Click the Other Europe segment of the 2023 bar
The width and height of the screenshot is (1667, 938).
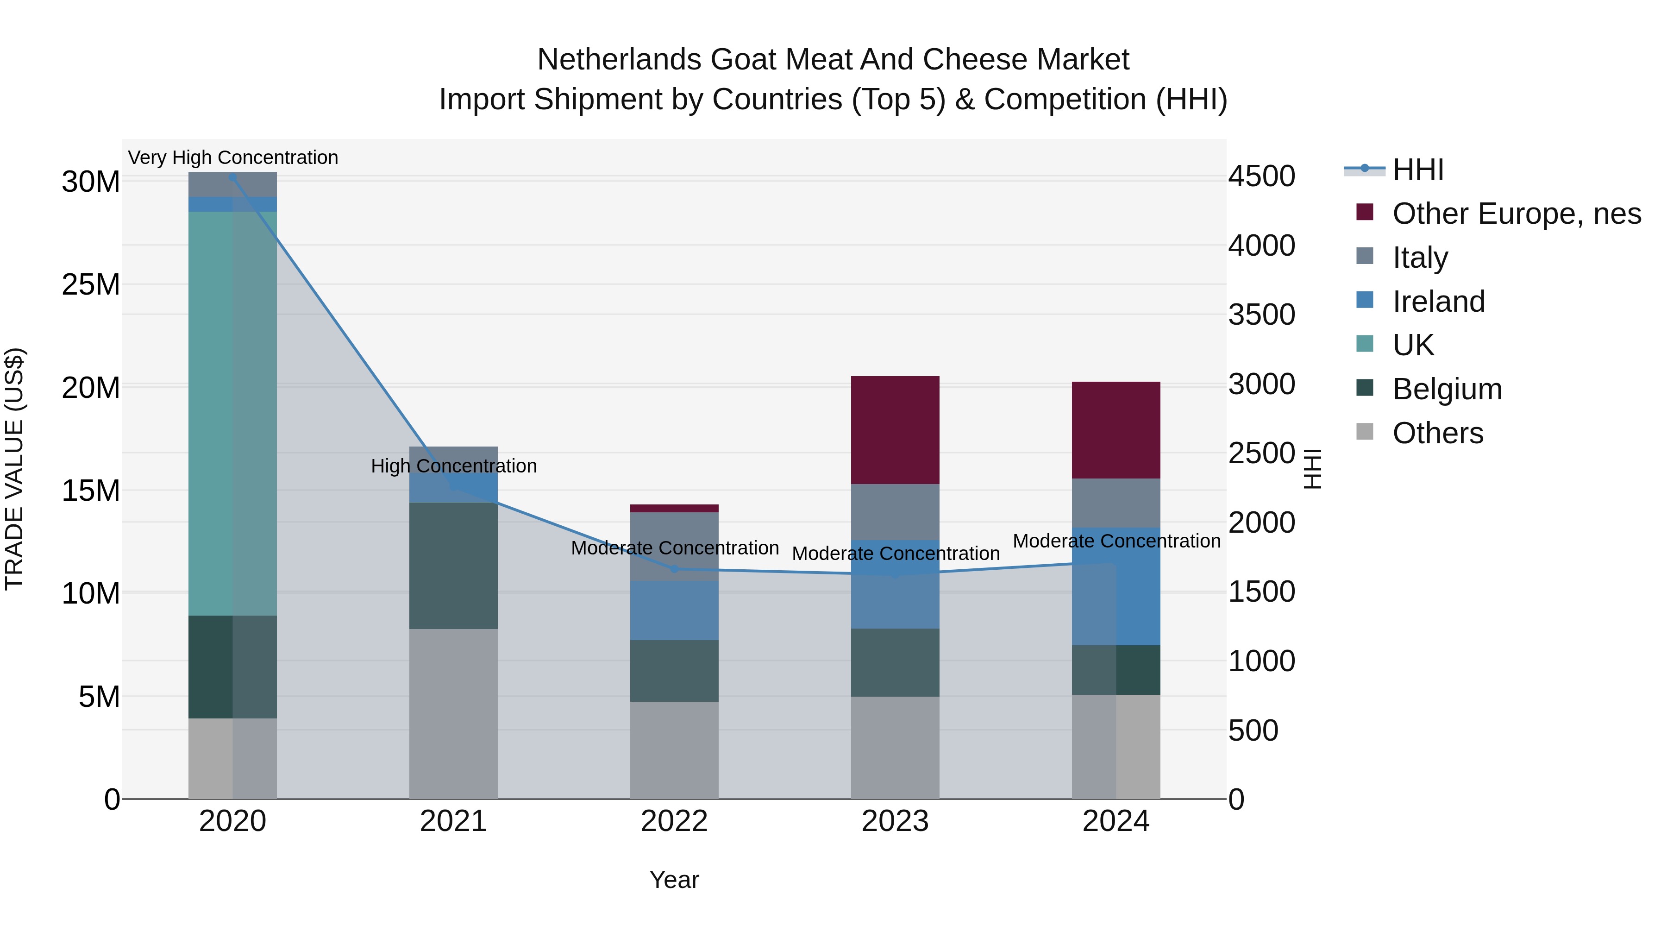[x=895, y=430]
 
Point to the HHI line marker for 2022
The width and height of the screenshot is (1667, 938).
[x=674, y=569]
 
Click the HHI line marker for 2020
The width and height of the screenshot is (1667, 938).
[x=232, y=177]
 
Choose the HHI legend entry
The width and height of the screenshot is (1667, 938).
[x=1417, y=170]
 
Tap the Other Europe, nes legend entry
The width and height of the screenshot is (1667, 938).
[x=1516, y=214]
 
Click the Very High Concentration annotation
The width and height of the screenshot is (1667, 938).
[x=233, y=157]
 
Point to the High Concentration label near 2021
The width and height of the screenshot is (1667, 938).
[x=454, y=466]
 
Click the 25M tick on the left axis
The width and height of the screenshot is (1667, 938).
[x=91, y=285]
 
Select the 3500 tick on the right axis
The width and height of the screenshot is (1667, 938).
[x=1261, y=315]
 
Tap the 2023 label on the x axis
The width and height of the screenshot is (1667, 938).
[x=895, y=821]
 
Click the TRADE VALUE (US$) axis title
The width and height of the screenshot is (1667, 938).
[x=14, y=469]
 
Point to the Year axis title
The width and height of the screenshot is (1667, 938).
[x=674, y=880]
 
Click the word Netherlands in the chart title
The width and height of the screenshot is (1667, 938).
[x=619, y=60]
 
